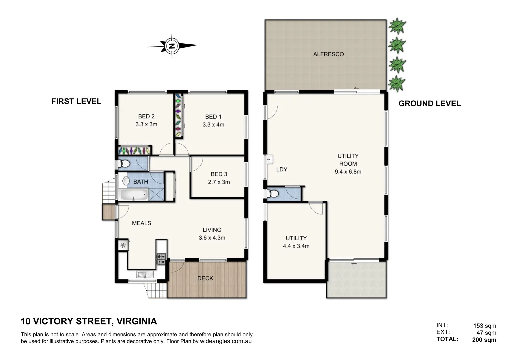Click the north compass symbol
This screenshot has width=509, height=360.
172,46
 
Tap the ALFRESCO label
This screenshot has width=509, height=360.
328,54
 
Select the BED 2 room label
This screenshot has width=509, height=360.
146,116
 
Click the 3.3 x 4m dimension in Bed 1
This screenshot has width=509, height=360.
213,125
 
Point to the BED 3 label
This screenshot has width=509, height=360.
219,174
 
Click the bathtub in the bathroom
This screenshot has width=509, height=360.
133,195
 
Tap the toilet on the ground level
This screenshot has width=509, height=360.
273,194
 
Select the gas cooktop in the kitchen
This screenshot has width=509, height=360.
161,259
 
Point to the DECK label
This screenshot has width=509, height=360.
205,278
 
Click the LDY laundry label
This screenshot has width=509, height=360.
282,169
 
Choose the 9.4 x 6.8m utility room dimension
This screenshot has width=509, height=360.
348,172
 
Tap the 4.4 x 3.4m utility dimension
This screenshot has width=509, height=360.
296,246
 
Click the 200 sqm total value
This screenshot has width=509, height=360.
484,340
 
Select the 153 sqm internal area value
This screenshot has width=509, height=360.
485,326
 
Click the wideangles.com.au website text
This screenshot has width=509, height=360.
226,341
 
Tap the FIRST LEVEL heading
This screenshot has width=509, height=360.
76,101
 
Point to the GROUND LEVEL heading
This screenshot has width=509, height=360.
429,104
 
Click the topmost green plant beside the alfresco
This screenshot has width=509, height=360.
397,26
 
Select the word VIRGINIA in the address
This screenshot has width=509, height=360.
137,321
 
